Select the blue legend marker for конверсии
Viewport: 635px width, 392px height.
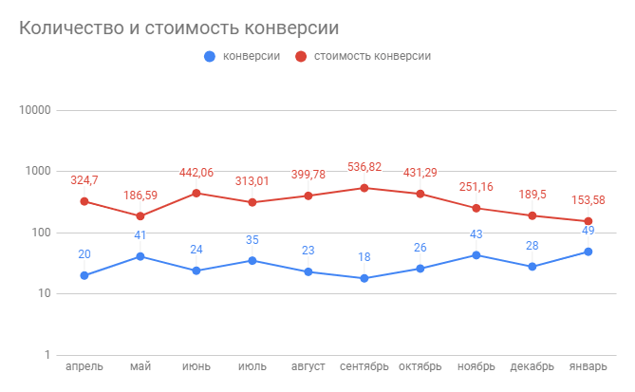tap(210, 56)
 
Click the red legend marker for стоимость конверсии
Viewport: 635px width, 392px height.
tap(300, 56)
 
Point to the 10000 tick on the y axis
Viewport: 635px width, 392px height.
tap(34, 110)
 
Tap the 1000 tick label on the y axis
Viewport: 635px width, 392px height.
tap(37, 171)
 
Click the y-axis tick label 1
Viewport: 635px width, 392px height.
tap(47, 355)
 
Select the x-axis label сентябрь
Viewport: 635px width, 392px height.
tap(364, 367)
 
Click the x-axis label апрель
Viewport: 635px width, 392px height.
tap(84, 367)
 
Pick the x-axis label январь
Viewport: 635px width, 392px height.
tap(588, 367)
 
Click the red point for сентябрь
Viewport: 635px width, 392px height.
tap(364, 188)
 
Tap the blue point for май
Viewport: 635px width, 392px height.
tap(140, 256)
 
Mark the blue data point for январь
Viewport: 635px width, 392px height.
tap(588, 252)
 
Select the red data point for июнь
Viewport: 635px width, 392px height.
tap(196, 193)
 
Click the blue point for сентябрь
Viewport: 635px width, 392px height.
tap(364, 278)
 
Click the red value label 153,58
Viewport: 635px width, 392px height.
tap(588, 200)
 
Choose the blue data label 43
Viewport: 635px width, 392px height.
tap(476, 234)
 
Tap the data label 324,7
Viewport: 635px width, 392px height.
tap(84, 180)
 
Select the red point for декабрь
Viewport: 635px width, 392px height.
tap(532, 215)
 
